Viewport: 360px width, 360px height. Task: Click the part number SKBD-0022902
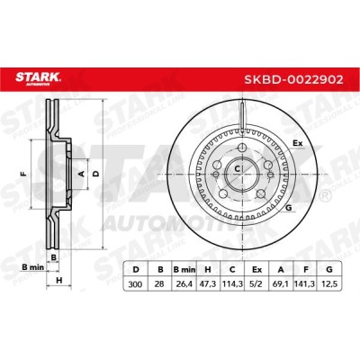(293, 79)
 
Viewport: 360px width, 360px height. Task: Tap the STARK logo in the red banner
(38, 78)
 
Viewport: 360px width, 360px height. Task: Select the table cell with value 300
(135, 283)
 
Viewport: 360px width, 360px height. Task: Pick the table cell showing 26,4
(184, 283)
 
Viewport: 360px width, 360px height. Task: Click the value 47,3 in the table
(208, 283)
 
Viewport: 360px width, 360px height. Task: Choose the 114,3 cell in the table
(232, 283)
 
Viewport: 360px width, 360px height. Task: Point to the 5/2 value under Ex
(256, 283)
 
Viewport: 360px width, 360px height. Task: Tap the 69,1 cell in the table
(281, 283)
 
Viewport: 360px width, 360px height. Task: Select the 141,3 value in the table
(305, 283)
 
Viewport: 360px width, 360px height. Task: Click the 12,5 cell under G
(329, 283)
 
